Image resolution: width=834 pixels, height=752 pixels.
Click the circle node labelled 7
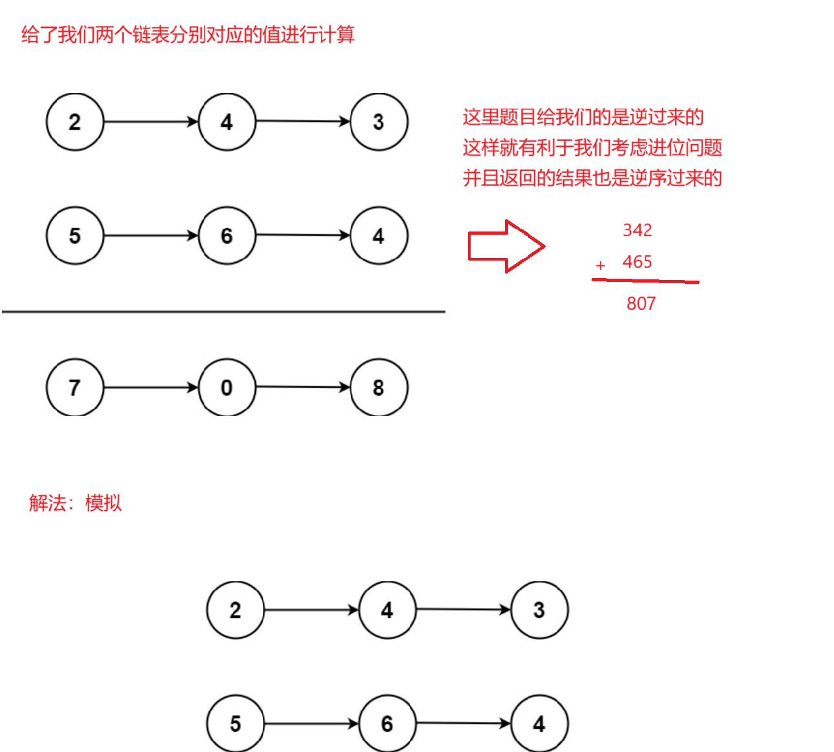[75, 387]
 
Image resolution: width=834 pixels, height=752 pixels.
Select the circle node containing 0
[227, 387]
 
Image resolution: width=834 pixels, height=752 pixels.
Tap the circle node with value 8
[379, 387]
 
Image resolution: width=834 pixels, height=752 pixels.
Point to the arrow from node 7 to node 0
[151, 387]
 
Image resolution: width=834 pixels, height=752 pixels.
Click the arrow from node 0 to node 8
[303, 387]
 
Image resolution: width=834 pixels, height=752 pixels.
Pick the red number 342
[637, 230]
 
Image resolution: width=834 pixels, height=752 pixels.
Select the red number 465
[637, 262]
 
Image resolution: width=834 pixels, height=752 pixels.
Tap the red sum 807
[641, 303]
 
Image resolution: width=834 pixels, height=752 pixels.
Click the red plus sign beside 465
[601, 265]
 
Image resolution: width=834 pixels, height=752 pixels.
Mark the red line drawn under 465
[645, 281]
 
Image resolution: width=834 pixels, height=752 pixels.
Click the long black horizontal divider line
[223, 312]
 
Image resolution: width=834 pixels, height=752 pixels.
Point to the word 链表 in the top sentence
[151, 34]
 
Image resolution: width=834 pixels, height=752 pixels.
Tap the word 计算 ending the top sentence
[336, 34]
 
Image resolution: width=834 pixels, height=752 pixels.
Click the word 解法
[47, 503]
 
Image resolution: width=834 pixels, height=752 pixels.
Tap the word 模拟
[103, 503]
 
